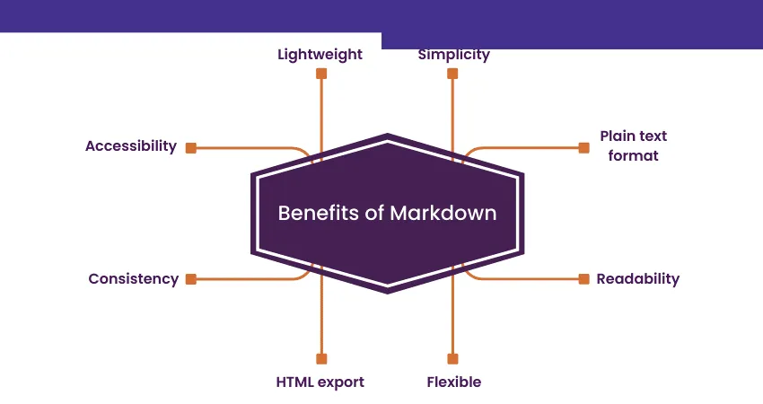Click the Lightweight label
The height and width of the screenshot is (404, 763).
click(320, 54)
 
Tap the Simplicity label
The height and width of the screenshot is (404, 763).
click(453, 54)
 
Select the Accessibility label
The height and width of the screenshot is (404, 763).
click(131, 145)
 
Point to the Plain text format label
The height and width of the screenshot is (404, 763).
click(633, 145)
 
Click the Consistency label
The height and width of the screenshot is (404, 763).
click(133, 278)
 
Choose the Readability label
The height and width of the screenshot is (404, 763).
click(637, 278)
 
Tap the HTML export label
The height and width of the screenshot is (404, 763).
click(320, 382)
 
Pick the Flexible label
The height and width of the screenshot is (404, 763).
click(453, 382)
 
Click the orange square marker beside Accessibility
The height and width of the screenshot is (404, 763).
click(190, 147)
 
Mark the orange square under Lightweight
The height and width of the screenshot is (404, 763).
click(320, 74)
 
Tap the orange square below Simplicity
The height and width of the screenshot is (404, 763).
click(452, 74)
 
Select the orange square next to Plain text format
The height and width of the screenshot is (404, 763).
click(583, 147)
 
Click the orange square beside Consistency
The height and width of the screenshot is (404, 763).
click(190, 279)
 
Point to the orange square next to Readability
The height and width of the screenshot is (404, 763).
click(583, 279)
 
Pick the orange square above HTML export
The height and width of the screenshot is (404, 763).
click(320, 357)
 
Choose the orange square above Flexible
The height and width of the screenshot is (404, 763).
click(452, 357)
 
